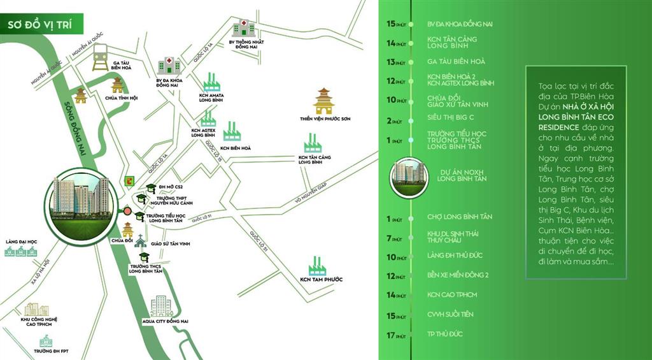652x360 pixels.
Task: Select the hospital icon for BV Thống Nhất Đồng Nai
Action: [242, 27]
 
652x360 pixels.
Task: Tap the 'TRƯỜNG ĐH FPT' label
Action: [52, 351]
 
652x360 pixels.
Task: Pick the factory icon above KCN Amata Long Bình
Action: [212, 82]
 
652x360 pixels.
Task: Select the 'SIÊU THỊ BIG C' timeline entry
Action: [451, 118]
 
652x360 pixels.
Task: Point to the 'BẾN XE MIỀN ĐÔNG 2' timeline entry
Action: [458, 276]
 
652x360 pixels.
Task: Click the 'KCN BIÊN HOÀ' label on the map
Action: [237, 148]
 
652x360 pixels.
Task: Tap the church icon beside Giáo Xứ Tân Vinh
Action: [139, 243]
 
